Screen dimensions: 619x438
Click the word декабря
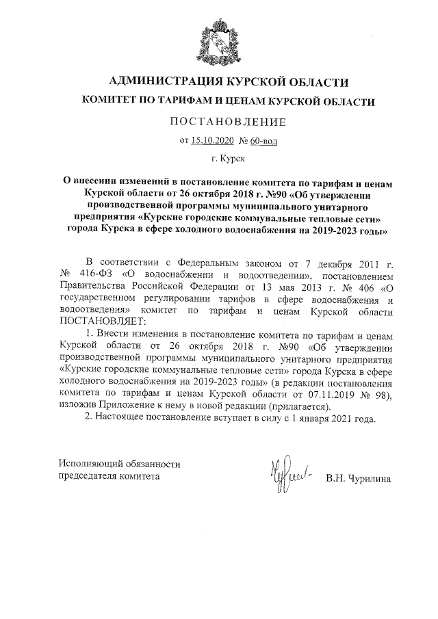click(322, 263)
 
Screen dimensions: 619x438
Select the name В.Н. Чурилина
click(358, 477)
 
